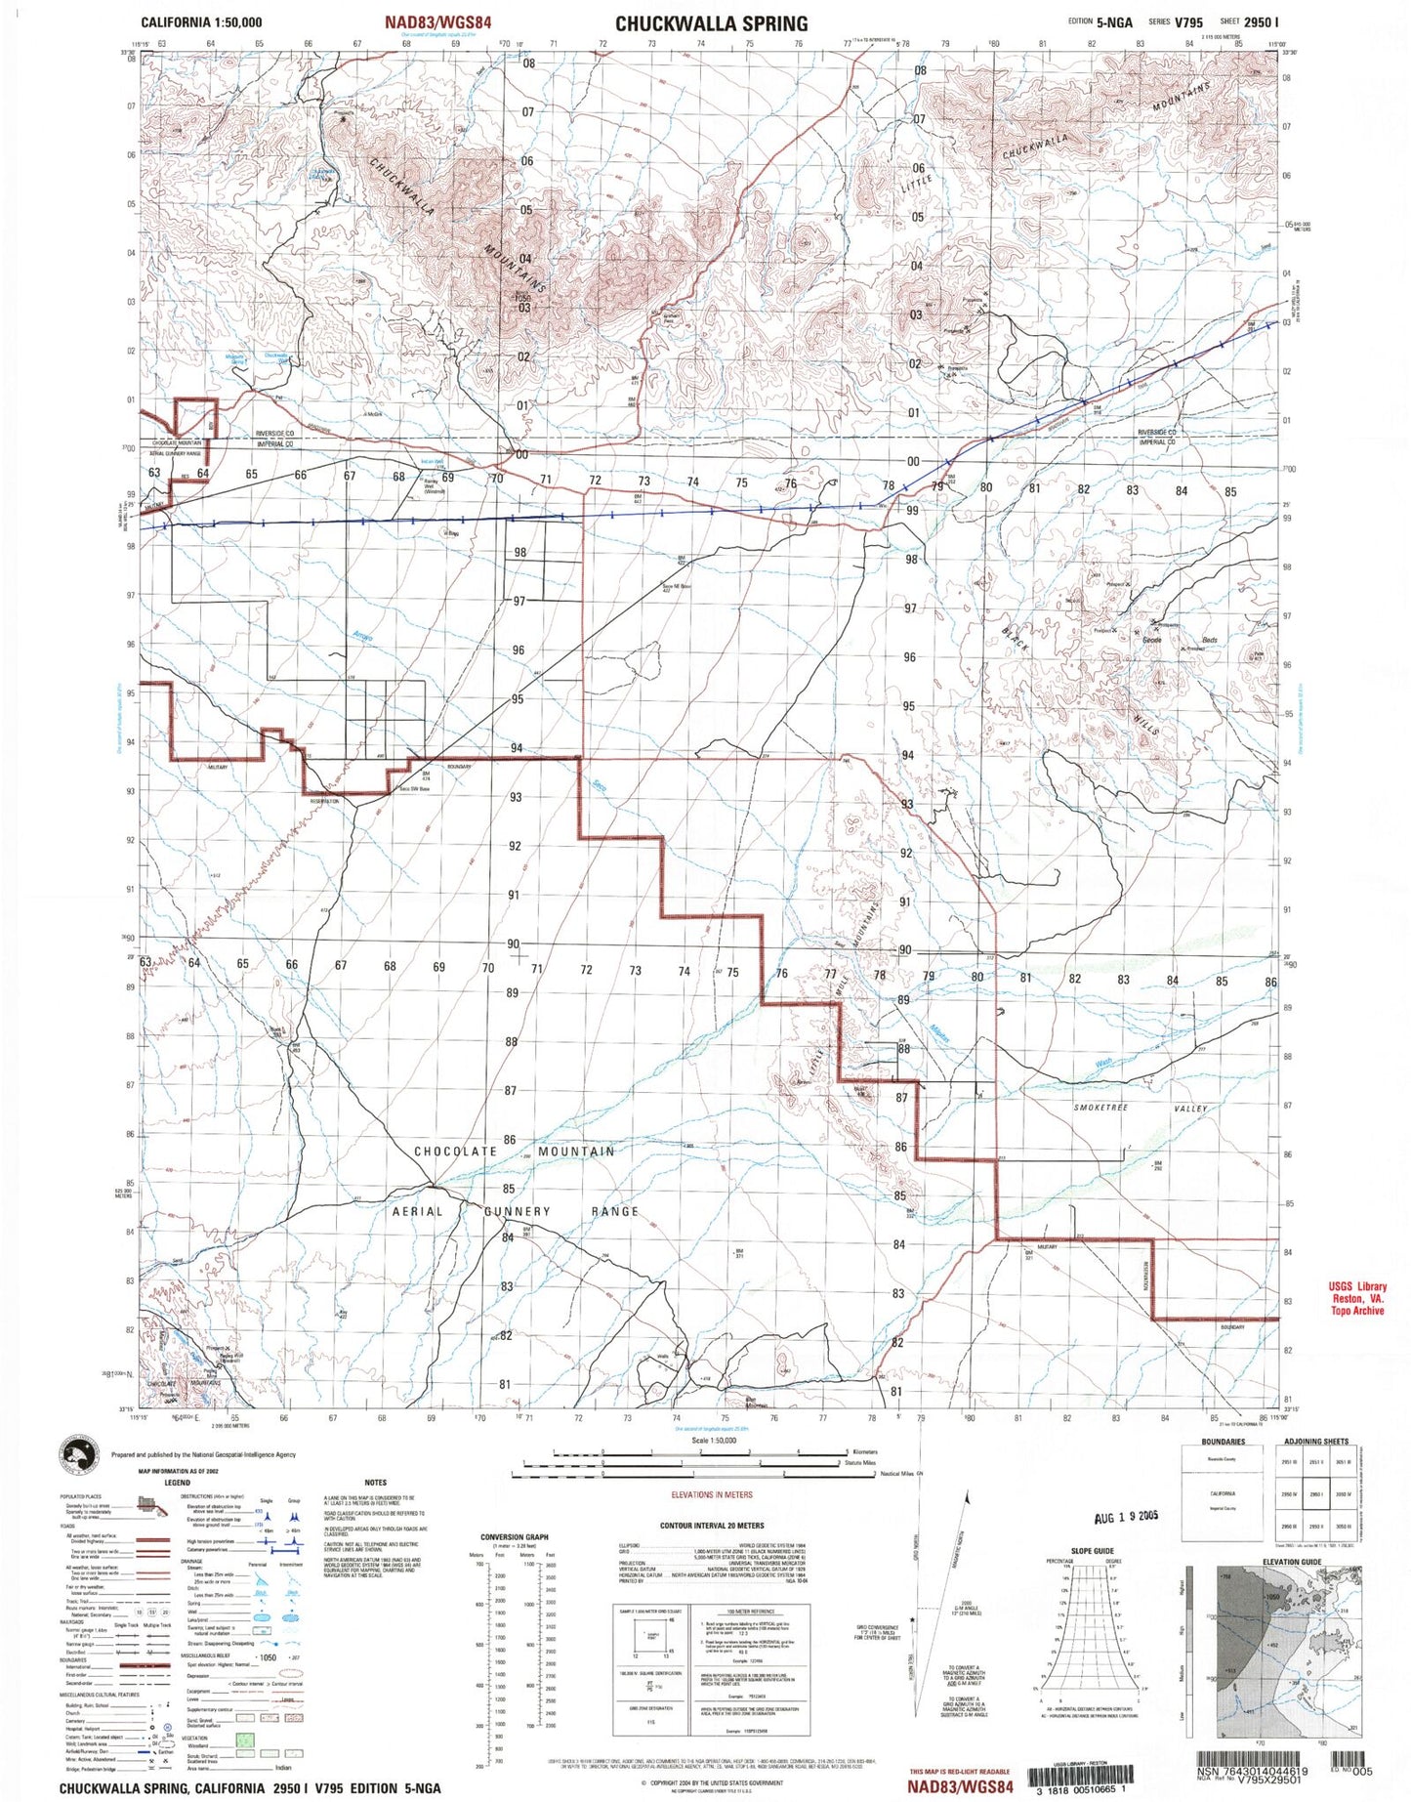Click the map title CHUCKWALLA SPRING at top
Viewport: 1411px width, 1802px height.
click(x=711, y=23)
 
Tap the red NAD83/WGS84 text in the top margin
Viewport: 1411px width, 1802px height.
click(x=437, y=21)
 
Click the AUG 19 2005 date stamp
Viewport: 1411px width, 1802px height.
click(x=1126, y=1516)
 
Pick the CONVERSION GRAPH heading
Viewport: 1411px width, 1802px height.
click(x=515, y=1537)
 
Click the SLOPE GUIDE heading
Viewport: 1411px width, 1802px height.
click(x=1092, y=1551)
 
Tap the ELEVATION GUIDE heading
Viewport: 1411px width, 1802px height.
click(x=1291, y=1562)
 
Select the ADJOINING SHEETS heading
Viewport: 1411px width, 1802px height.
click(x=1315, y=1442)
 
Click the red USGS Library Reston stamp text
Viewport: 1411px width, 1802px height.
click(x=1357, y=1299)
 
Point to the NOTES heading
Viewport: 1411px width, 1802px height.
click(x=375, y=1483)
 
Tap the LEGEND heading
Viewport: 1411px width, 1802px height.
click(x=177, y=1483)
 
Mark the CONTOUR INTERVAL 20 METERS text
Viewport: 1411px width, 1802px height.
click(x=712, y=1526)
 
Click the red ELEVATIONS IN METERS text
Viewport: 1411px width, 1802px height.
click(x=712, y=1495)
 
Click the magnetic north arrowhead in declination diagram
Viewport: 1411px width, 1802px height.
click(x=968, y=1497)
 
